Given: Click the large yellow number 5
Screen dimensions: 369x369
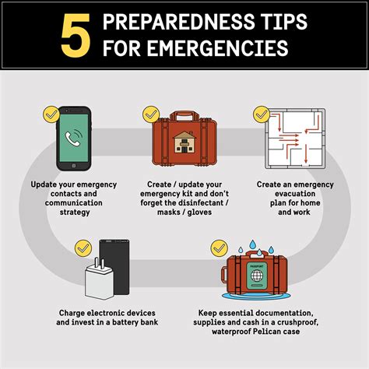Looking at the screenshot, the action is point(76,35).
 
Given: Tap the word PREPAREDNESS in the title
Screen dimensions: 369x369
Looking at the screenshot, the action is point(178,22).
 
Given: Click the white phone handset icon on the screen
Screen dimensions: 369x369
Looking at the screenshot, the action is point(73,138).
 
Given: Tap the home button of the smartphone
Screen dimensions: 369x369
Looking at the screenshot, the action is point(74,166).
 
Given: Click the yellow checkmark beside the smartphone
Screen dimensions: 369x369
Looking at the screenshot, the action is point(51,114).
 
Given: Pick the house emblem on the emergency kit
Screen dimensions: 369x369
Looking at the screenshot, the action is point(184,142).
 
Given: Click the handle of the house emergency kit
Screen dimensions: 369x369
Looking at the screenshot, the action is point(184,116).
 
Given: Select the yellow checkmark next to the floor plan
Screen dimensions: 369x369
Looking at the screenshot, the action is point(262,114).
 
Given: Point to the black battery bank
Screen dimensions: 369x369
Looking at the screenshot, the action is point(115,267).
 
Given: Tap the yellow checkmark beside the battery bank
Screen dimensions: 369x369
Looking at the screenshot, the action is point(83,248).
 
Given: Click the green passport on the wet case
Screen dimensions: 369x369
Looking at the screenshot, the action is point(257,276).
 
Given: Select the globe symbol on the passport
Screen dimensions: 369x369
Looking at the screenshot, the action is point(257,276).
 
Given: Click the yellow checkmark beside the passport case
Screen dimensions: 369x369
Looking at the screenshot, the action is point(220,248).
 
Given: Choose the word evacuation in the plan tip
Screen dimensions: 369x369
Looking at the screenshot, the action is point(295,194).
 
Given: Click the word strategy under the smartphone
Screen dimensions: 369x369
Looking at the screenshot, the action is point(75,213).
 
